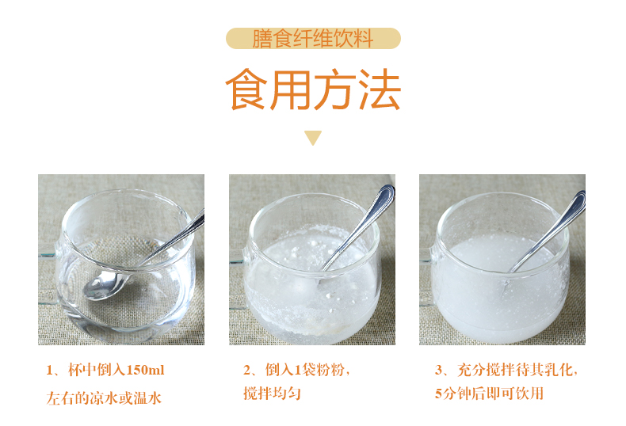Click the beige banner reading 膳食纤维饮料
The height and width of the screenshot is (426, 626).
(x=313, y=38)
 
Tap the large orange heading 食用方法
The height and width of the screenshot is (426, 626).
(x=313, y=91)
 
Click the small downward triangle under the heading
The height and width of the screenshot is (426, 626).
(x=313, y=138)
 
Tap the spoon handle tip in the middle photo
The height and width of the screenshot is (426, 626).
(x=386, y=192)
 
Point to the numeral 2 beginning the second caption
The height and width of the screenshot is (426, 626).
(x=247, y=370)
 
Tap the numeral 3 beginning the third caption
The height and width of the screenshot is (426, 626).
(x=439, y=370)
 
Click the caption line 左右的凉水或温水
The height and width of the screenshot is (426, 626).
(x=104, y=397)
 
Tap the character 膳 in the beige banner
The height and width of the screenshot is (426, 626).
(x=262, y=38)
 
